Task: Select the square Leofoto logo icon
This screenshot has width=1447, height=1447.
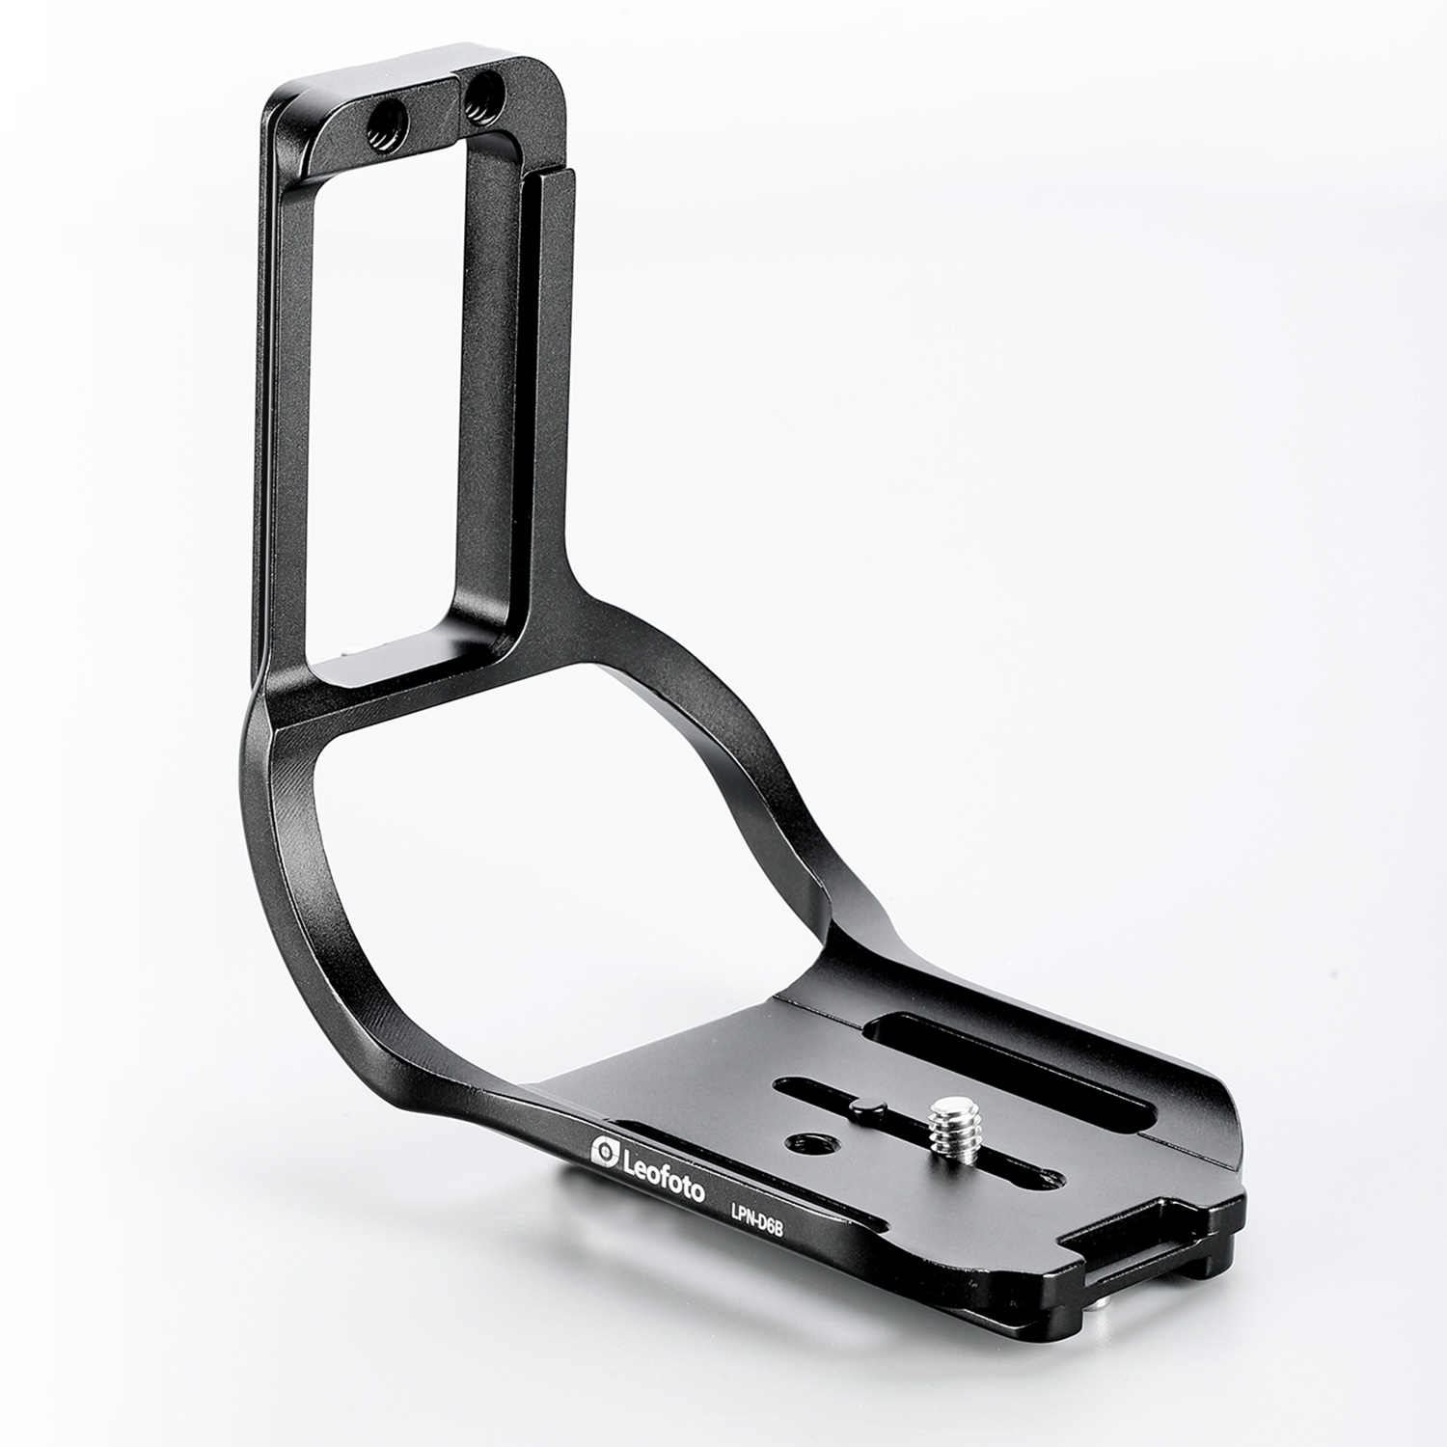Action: [605, 1150]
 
